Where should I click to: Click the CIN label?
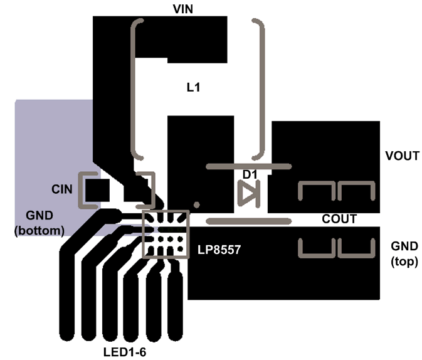click(x=62, y=189)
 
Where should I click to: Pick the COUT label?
click(x=339, y=219)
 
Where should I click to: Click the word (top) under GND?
click(x=404, y=262)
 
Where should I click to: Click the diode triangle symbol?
click(x=248, y=193)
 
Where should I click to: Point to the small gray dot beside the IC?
click(x=196, y=204)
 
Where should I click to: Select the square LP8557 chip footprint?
click(x=166, y=234)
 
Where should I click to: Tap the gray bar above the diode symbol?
click(x=249, y=166)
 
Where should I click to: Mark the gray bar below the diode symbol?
click(x=249, y=221)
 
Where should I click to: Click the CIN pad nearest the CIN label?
click(x=97, y=188)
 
